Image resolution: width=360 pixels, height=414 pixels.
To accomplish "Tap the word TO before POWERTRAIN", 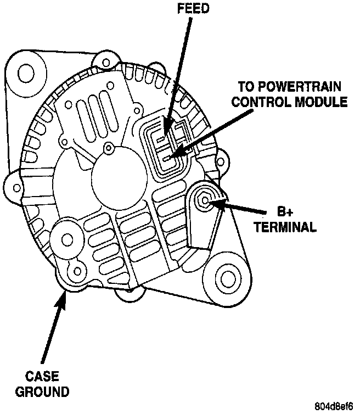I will [x=246, y=87].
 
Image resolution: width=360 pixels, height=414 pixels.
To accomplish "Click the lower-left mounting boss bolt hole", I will [x=67, y=240].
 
